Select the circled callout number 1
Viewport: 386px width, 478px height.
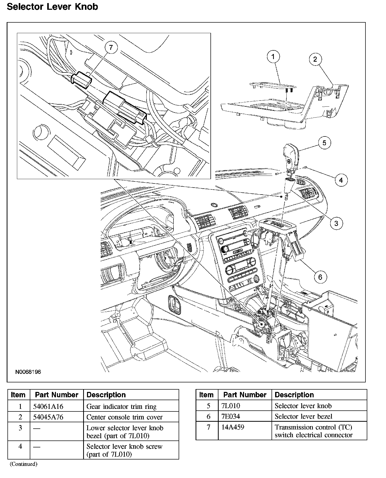coord(273,57)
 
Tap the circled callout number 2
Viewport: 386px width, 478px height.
coord(315,59)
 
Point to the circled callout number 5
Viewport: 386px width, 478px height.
coord(324,143)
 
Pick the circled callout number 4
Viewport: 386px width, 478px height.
coord(341,180)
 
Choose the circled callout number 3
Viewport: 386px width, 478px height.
coord(336,223)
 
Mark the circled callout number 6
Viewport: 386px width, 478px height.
coord(320,277)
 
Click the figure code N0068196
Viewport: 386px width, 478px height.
coord(28,372)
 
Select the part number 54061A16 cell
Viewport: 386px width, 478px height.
coord(48,407)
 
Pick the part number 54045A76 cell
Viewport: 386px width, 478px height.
coord(48,417)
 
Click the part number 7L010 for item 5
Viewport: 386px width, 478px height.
coord(230,406)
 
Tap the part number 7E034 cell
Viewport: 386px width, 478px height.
coord(230,416)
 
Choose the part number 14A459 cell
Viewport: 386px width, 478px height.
coord(233,427)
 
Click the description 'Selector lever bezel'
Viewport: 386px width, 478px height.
coord(303,416)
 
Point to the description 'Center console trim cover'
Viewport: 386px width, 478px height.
coord(124,417)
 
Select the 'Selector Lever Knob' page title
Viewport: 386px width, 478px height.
coord(52,7)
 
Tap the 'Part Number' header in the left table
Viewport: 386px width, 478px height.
coord(56,395)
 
